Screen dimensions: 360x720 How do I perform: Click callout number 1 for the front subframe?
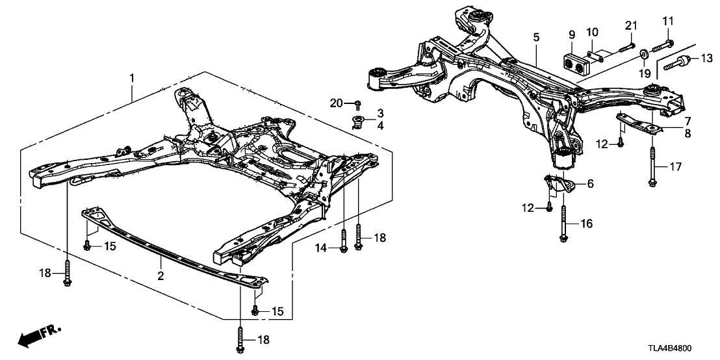click(133, 79)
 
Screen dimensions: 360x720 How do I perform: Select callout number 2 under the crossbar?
click(161, 276)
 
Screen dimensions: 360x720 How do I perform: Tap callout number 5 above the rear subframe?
click(536, 38)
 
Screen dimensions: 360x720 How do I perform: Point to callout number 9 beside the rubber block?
click(572, 34)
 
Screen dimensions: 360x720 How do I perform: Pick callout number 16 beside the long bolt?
click(587, 224)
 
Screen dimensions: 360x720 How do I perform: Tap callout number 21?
click(628, 25)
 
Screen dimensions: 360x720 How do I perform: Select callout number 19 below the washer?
click(644, 74)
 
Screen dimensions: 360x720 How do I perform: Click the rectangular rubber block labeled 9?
click(576, 63)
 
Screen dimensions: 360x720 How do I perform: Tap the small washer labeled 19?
click(643, 53)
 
